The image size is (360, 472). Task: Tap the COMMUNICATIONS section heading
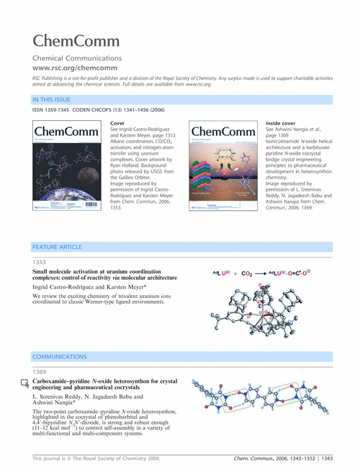click(x=60, y=357)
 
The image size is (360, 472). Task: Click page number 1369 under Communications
click(x=41, y=371)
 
